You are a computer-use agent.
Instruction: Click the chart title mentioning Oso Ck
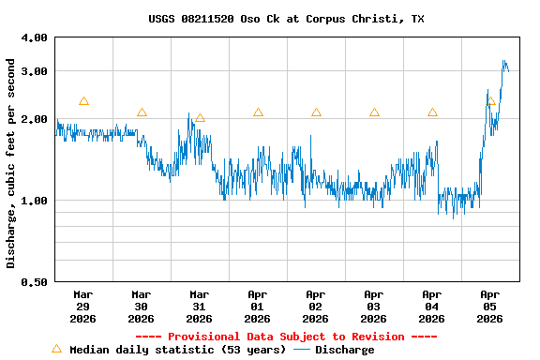pos(286,19)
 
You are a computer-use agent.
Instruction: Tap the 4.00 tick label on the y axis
pos(34,37)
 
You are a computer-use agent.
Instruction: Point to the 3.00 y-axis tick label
pos(34,71)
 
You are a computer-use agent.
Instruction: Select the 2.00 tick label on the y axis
pos(34,119)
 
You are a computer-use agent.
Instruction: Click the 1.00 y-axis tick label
pos(34,201)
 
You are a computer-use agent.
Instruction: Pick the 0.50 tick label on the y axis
pos(34,282)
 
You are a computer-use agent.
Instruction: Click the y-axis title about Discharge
pos(11,163)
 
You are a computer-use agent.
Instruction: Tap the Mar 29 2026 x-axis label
pos(83,306)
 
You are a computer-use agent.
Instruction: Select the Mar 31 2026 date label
pos(200,306)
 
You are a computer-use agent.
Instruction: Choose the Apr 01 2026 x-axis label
pos(258,306)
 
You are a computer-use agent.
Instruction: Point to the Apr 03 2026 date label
pos(374,306)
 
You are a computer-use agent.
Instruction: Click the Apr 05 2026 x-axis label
pos(490,306)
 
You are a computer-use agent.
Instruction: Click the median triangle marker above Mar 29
pos(83,101)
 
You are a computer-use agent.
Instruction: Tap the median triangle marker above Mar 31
pos(200,118)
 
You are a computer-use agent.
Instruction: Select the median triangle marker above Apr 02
pos(316,112)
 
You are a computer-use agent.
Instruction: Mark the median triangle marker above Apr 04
pos(432,112)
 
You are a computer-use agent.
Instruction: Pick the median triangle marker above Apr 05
pos(490,101)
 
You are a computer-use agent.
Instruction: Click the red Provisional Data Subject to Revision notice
pos(286,337)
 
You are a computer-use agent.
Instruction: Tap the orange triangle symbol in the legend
pos(56,349)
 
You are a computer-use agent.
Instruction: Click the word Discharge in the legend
pos(344,350)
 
